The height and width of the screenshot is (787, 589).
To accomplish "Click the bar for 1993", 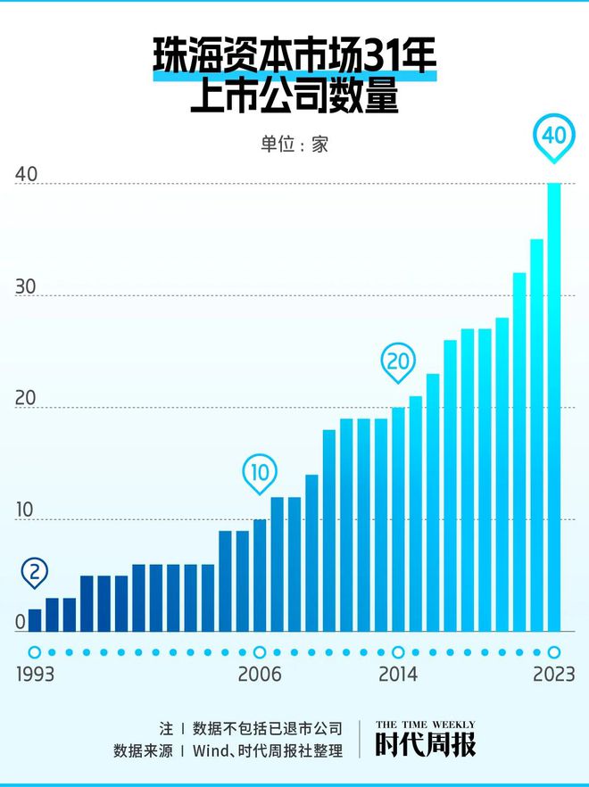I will [35, 620].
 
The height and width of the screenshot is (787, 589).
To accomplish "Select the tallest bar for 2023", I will [554, 407].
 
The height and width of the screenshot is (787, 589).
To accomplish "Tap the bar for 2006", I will [260, 576].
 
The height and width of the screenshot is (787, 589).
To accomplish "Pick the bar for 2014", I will [398, 519].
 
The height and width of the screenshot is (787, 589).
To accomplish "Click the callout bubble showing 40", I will [554, 136].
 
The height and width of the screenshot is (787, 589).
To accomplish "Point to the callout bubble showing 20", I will [398, 361].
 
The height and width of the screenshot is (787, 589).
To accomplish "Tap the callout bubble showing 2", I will [35, 572].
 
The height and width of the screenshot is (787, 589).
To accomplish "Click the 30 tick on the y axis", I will [26, 287].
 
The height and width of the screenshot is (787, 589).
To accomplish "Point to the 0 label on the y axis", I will [21, 623].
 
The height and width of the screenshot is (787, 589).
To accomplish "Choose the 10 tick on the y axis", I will [26, 511].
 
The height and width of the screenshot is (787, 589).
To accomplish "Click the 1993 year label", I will [35, 675].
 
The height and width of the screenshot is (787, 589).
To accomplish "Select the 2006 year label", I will [260, 675].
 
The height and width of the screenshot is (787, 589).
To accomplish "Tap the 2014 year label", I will [398, 675].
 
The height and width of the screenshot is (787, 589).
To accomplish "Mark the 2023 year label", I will [554, 675].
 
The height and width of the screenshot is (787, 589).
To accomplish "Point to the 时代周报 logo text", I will [425, 745].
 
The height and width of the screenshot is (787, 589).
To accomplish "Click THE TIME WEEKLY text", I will [425, 725].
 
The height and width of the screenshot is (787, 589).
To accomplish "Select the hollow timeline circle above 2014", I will [398, 652].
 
